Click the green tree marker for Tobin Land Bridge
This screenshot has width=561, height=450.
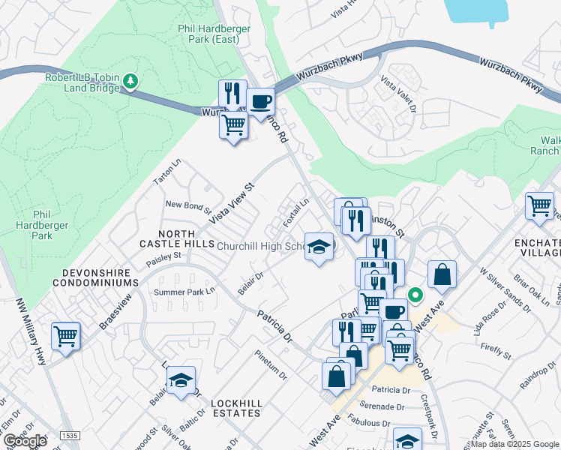coord(131,80)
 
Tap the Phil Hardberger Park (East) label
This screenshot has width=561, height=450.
coord(214,34)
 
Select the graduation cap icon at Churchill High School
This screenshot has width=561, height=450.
coord(319,247)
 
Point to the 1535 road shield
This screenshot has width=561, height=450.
coord(70,435)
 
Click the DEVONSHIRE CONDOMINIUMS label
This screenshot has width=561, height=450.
coord(96,283)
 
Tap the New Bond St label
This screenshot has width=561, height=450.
coord(184,205)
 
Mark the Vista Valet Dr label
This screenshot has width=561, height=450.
coord(398,94)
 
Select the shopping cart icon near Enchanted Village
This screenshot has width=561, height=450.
coord(539,205)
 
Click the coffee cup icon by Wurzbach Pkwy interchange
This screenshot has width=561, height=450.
coord(260,101)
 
